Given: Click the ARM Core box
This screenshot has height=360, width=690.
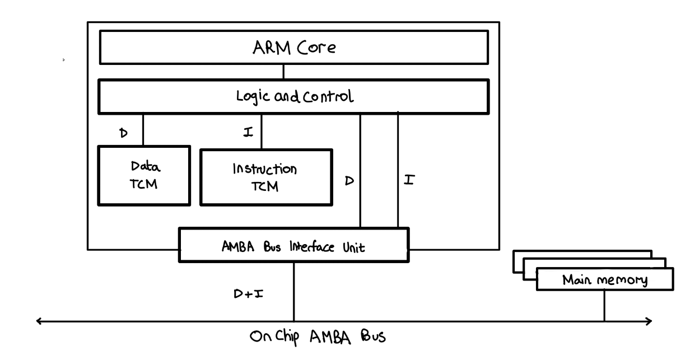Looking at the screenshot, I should [x=293, y=48].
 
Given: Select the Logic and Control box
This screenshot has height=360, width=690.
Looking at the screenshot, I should [x=293, y=96].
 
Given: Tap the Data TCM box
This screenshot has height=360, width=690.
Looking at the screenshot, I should [x=144, y=175].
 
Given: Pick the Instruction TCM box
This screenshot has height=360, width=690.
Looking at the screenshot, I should [x=266, y=176].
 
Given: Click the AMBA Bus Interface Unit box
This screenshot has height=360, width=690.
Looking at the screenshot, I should [x=293, y=245].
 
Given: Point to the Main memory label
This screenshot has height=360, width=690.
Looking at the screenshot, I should [x=604, y=279].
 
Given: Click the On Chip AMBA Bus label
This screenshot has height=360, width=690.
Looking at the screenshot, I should [x=318, y=337].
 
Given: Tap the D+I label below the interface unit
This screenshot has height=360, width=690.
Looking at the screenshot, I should [x=249, y=293].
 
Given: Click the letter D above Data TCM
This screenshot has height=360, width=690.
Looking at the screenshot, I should [x=124, y=134].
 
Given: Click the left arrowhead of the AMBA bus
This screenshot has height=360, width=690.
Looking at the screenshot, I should [x=39, y=321].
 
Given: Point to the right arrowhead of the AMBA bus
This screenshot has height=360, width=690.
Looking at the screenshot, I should [x=650, y=321].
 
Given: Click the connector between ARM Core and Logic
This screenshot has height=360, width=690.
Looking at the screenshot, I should [x=283, y=72].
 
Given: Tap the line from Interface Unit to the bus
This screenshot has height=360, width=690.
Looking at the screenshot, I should [x=293, y=291].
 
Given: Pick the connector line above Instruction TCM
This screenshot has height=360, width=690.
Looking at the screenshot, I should [x=262, y=131].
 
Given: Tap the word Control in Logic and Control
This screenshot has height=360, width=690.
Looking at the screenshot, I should [x=330, y=96].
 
